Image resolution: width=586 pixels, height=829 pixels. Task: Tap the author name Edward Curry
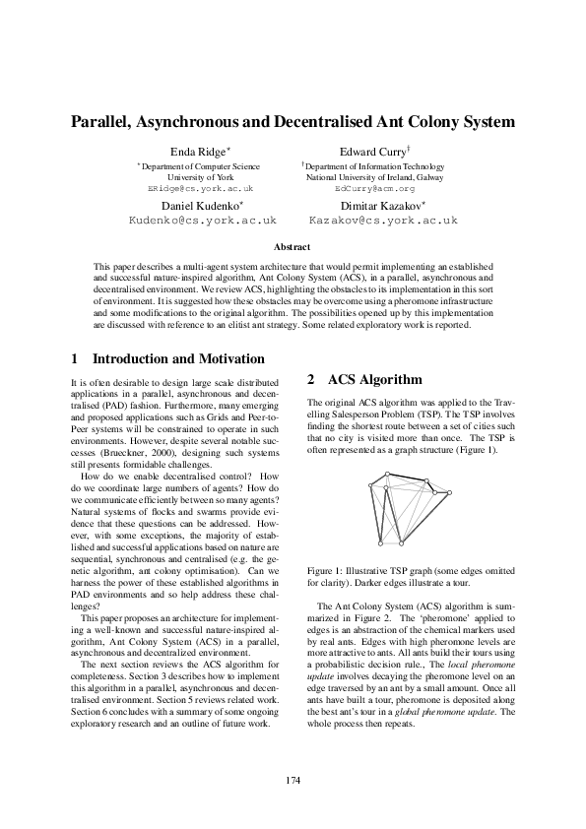(x=370, y=153)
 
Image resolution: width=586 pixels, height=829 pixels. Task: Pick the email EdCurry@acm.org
(x=374, y=187)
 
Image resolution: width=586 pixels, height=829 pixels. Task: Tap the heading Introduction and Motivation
(x=163, y=359)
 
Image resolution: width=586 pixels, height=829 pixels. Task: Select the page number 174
(x=293, y=781)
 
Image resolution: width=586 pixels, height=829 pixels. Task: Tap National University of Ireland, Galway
(x=374, y=177)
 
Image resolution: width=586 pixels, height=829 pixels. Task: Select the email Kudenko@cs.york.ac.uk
(x=204, y=222)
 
